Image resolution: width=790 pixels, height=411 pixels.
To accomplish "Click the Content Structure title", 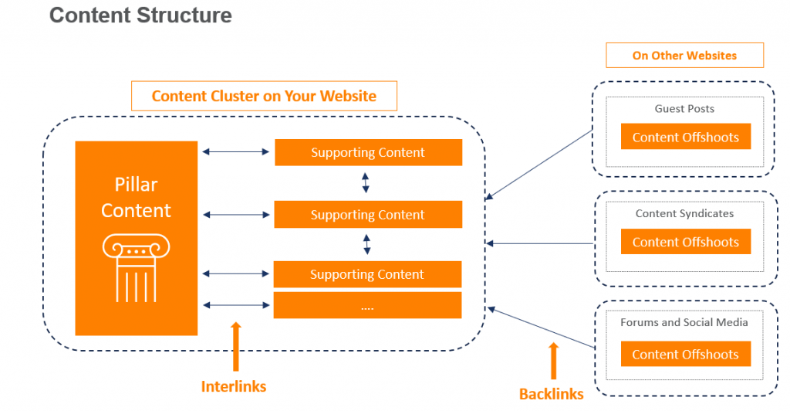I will (x=140, y=15).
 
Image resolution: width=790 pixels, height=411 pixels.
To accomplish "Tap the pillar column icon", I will (x=136, y=267).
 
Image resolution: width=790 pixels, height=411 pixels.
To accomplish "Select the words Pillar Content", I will (x=136, y=199).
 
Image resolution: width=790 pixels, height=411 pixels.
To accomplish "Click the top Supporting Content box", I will (x=368, y=152).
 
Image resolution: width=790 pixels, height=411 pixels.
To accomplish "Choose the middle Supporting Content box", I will (x=368, y=215).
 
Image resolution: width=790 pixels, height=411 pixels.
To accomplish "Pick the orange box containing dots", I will (x=368, y=305).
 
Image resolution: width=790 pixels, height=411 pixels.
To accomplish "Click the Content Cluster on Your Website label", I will (x=264, y=96).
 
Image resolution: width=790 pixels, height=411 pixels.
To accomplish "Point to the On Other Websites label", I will (x=684, y=56).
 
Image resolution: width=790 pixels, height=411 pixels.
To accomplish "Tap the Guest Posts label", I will (x=684, y=109).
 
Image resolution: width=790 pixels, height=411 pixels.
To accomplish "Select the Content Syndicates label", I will (x=684, y=213).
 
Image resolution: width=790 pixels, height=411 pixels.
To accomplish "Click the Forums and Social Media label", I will (x=684, y=322).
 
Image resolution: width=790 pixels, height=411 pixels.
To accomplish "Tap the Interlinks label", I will (x=234, y=386).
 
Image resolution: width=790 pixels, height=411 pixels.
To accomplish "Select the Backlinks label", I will (x=552, y=394).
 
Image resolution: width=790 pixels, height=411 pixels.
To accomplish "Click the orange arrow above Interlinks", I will (x=235, y=347).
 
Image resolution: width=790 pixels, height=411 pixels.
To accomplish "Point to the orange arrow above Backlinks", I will (x=552, y=359).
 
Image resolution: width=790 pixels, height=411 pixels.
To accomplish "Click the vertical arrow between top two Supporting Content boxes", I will (x=366, y=182).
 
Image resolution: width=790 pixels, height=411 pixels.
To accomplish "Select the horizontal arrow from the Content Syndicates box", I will (x=540, y=244).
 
